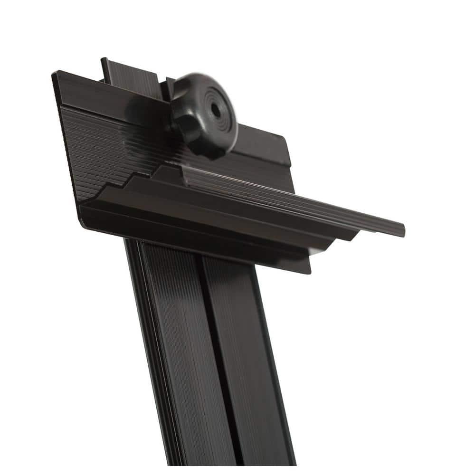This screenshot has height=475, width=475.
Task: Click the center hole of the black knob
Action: [215, 111]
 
